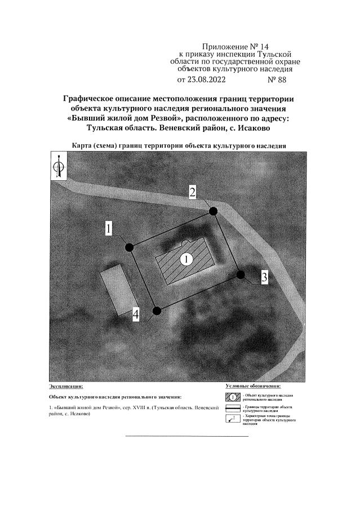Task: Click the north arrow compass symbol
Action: coord(58,168)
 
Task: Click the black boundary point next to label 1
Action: coord(129,247)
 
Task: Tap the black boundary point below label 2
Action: coord(213,211)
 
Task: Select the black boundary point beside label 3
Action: coord(241,274)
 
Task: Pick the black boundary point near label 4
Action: coord(157,310)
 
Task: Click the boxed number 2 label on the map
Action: coord(192,192)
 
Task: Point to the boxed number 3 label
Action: coord(264,277)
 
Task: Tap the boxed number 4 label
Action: coord(136,314)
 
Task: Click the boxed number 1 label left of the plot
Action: coord(109,228)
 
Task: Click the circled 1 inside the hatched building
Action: coord(186,259)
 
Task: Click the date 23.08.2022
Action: coord(201,80)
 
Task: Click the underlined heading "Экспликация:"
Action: coord(66,387)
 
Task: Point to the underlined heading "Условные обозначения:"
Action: coord(253,386)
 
